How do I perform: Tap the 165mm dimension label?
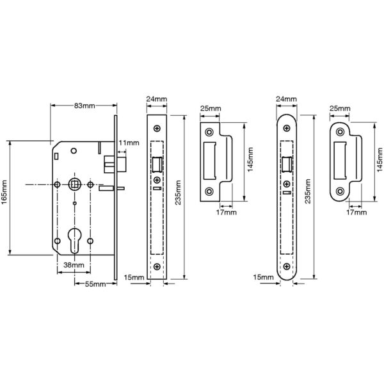[4, 192]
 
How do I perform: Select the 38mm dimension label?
[74, 265]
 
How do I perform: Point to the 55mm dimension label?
[95, 284]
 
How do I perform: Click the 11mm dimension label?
[129, 143]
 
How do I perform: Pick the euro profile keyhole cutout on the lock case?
[74, 241]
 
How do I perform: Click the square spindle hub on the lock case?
[74, 184]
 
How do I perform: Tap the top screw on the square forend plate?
[157, 128]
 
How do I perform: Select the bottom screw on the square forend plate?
[157, 267]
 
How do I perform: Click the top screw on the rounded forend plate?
[287, 128]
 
